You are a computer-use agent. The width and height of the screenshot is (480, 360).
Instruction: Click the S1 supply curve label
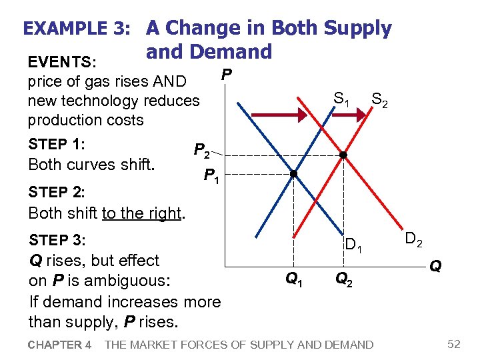pyautogui.click(x=341, y=100)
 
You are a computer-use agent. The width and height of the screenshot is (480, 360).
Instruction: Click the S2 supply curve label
pyautogui.click(x=380, y=101)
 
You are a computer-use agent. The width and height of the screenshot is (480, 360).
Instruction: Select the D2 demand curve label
pyautogui.click(x=413, y=239)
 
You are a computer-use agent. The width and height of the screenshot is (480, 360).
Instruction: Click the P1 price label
pyautogui.click(x=212, y=177)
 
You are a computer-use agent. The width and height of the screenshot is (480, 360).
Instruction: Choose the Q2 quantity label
pyautogui.click(x=343, y=279)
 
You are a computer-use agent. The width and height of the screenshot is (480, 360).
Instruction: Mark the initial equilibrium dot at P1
pyautogui.click(x=293, y=174)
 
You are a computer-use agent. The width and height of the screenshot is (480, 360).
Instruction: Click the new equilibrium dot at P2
pyautogui.click(x=343, y=155)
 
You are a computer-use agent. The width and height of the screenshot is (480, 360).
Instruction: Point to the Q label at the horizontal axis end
pyautogui.click(x=435, y=267)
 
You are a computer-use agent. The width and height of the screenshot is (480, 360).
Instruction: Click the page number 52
pyautogui.click(x=454, y=344)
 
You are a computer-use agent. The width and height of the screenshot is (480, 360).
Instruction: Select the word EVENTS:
pyautogui.click(x=63, y=63)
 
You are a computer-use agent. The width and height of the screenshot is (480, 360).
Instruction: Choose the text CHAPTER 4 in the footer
pyautogui.click(x=60, y=345)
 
